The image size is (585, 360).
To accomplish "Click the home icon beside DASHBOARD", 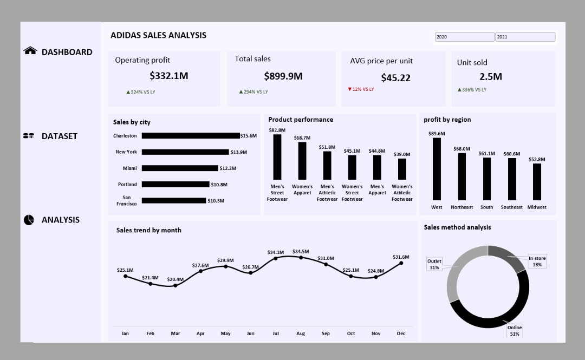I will [x=30, y=51].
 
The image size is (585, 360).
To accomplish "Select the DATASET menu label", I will [x=60, y=136].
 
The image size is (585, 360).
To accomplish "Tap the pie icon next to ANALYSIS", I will [x=29, y=220].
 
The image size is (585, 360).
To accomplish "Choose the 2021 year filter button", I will [x=525, y=37].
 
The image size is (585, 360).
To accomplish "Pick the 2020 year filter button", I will [x=465, y=37].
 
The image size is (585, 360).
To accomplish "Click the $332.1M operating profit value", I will [x=169, y=76].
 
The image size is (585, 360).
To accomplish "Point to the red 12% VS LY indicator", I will [x=361, y=89].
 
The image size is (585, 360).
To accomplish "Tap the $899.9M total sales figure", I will [x=283, y=76].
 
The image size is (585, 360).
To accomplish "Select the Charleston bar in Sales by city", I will [x=191, y=136].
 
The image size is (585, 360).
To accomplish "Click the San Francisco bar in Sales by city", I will [x=174, y=201].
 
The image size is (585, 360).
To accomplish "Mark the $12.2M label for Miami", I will [x=227, y=168].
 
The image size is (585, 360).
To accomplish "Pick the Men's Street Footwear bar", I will [x=277, y=157].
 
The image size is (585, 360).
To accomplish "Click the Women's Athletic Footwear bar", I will [x=402, y=169].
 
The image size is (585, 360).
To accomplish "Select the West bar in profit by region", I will [x=437, y=169].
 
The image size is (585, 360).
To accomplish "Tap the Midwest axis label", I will [x=537, y=207].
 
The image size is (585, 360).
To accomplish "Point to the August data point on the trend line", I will [x=301, y=258].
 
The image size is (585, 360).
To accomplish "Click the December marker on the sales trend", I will [x=401, y=263].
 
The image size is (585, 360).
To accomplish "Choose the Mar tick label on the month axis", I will [x=175, y=333].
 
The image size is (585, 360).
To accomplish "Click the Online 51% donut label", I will [x=514, y=331].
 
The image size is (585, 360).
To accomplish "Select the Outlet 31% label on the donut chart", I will [x=434, y=264].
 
